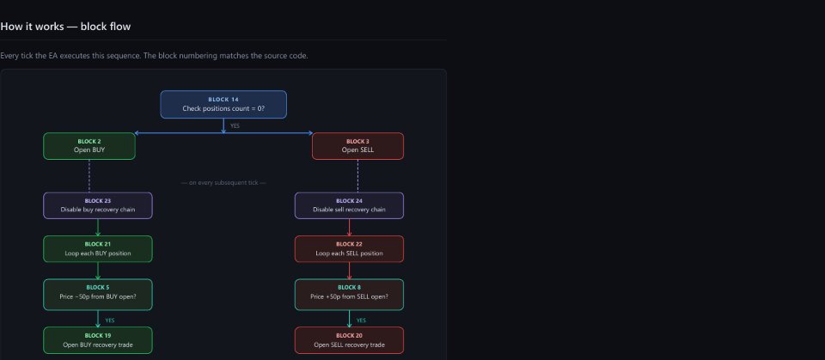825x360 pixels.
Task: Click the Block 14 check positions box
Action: (x=223, y=104)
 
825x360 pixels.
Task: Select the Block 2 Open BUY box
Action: (x=89, y=146)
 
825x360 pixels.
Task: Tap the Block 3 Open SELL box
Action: (x=357, y=146)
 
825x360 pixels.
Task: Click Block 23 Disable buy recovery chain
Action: (x=98, y=205)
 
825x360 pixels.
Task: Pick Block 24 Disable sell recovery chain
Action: (x=350, y=205)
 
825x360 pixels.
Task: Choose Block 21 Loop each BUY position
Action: (x=98, y=249)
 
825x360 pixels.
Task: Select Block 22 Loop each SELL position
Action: (x=350, y=249)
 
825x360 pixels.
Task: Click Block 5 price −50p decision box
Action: (x=98, y=295)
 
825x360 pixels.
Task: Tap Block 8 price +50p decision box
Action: (x=350, y=295)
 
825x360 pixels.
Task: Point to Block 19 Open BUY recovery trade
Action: (x=98, y=340)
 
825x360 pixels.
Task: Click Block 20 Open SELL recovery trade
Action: (x=350, y=340)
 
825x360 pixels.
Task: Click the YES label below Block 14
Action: (x=235, y=125)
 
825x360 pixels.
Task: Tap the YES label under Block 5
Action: (x=109, y=320)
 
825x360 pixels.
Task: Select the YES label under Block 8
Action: (x=361, y=320)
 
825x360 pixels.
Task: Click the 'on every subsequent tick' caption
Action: (x=223, y=183)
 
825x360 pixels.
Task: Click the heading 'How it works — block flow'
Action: (x=65, y=27)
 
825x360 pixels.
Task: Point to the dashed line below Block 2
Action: (x=89, y=176)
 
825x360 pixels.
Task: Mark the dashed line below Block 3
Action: (x=357, y=176)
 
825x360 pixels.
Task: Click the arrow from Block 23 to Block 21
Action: (x=98, y=228)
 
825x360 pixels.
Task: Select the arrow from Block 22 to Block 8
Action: (x=350, y=271)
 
